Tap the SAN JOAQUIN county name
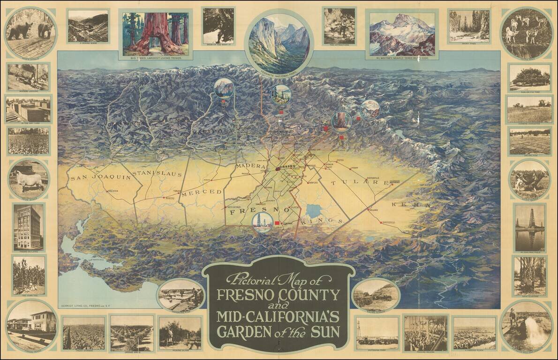point(94,178)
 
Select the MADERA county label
point(254,166)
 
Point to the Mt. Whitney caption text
point(402,58)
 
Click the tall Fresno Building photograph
point(28,227)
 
